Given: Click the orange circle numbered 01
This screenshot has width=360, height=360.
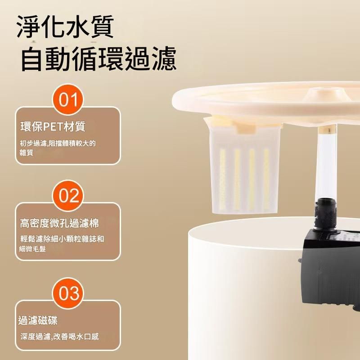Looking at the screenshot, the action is pyautogui.click(x=68, y=99).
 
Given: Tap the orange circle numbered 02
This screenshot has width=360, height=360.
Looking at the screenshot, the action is pyautogui.click(x=68, y=196).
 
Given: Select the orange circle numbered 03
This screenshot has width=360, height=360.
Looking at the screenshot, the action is pyautogui.click(x=68, y=293).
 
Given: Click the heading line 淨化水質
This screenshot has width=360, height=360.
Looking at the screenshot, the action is pyautogui.click(x=65, y=27).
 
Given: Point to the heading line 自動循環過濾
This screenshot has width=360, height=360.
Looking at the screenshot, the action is pyautogui.click(x=99, y=58).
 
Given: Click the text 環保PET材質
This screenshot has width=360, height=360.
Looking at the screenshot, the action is pyautogui.click(x=53, y=126).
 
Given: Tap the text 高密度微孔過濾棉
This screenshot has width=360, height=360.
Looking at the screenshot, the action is pyautogui.click(x=59, y=223).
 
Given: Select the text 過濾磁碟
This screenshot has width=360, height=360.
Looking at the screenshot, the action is pyautogui.click(x=38, y=320).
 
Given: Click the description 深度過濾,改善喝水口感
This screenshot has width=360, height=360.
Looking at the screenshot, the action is pyautogui.click(x=60, y=337).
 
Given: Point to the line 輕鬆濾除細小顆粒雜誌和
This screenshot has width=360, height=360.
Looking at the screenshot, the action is pyautogui.click(x=62, y=239).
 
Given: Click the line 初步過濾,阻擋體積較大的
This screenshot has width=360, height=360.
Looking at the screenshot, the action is pyautogui.click(x=58, y=144).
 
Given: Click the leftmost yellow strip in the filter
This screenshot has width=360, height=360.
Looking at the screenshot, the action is pyautogui.click(x=222, y=179).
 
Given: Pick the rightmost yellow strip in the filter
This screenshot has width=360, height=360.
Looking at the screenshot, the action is pyautogui.click(x=266, y=179).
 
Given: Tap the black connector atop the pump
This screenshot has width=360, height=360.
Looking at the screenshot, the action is pyautogui.click(x=325, y=215).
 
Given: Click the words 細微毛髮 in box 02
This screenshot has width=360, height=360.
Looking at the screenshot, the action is pyautogui.click(x=32, y=249).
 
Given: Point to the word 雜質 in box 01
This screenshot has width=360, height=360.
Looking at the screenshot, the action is pyautogui.click(x=27, y=153).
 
